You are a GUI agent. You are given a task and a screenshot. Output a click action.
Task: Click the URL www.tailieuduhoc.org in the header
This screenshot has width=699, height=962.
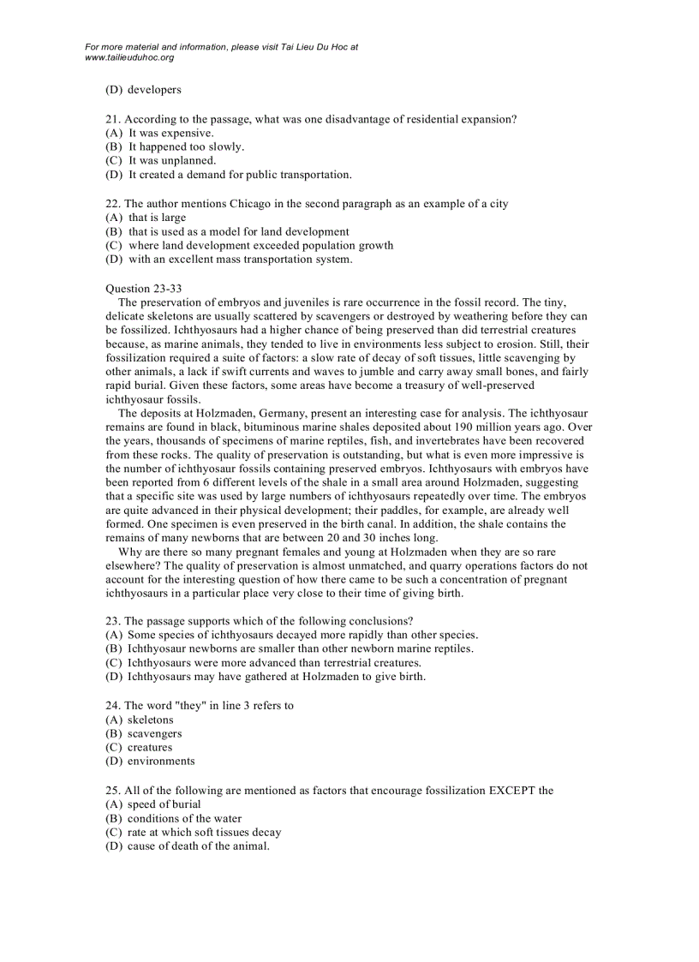click(x=129, y=57)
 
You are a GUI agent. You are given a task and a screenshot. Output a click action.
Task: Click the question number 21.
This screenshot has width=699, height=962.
click(x=111, y=119)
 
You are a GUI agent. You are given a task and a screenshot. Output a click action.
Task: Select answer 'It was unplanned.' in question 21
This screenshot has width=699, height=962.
click(x=172, y=160)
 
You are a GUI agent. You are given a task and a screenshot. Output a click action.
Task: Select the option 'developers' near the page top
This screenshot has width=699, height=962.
click(x=154, y=89)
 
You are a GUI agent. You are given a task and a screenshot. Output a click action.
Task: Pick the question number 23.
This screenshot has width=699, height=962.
click(x=111, y=620)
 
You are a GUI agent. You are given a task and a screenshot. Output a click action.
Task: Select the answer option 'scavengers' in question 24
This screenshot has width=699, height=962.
click(x=154, y=733)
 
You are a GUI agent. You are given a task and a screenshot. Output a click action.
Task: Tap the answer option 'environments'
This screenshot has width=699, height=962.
click(x=161, y=761)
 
